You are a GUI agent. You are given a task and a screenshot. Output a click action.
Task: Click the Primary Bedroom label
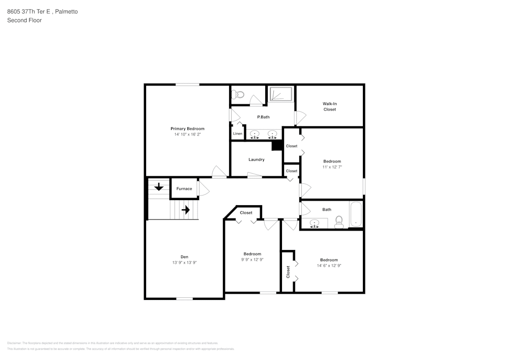tap(187, 129)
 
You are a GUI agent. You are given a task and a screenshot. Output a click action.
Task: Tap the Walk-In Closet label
tap(329, 106)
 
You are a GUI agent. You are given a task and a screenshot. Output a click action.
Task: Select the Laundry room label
tap(256, 159)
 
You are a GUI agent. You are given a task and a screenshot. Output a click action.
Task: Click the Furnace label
tap(184, 189)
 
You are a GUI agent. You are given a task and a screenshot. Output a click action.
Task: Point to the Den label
tap(184, 257)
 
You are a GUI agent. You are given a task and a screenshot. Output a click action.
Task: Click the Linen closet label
tap(238, 134)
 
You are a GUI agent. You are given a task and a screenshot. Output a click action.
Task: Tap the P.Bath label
tap(263, 117)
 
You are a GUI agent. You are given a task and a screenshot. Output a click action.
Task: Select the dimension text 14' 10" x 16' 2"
tap(187, 134)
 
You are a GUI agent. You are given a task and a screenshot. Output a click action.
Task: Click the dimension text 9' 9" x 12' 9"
tap(252, 260)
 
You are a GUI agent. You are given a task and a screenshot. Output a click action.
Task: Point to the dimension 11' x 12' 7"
tap(332, 167)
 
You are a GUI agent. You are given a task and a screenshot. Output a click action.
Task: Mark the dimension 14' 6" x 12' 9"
tap(329, 265)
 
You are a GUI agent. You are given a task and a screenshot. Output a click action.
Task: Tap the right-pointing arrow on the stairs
tap(185, 209)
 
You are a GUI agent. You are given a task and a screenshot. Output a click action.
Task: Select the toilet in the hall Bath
tap(339, 221)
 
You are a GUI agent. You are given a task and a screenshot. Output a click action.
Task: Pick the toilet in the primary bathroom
tap(238, 94)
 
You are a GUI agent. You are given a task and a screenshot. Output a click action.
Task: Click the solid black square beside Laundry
tap(277, 146)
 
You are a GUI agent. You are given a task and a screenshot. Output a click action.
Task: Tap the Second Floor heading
tap(24, 20)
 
